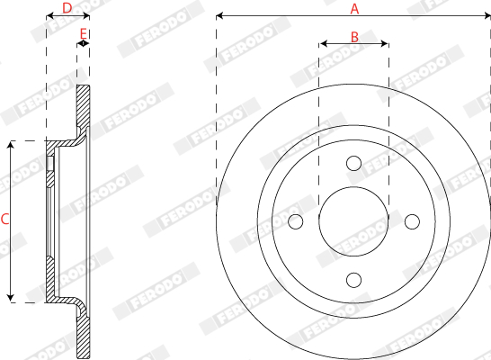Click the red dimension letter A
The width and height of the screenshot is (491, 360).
[x=354, y=9]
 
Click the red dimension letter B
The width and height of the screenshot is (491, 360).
[x=354, y=37]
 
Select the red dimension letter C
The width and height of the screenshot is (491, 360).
[x=4, y=220]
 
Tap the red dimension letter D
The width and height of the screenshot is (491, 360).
[x=67, y=8]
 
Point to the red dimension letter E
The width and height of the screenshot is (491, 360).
[x=83, y=33]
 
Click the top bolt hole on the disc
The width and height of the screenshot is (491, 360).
[x=353, y=163]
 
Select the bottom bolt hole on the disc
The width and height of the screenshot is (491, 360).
[x=353, y=280]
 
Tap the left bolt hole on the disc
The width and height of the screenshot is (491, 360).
[x=295, y=221]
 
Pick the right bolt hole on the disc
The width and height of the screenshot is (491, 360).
[x=412, y=221]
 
